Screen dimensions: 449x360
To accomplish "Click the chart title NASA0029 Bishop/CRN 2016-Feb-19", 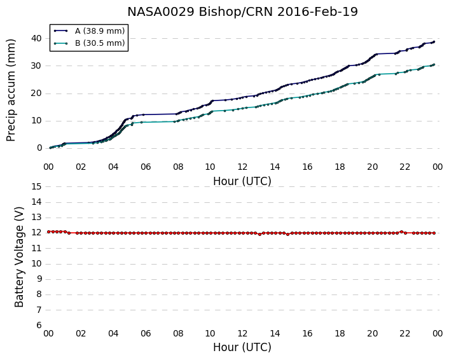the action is (x=242, y=12).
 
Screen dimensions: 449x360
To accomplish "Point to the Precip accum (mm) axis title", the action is (x=11, y=90).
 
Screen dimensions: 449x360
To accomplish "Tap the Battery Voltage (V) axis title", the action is (x=19, y=257).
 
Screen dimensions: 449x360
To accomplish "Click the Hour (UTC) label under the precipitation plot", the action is (x=242, y=181).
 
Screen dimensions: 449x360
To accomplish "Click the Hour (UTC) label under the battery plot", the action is (x=242, y=347).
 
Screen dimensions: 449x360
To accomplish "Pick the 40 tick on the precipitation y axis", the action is (x=37, y=38).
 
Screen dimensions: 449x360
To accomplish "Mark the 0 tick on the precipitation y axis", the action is (x=39, y=148).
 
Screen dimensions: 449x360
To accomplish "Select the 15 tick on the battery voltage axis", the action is (x=37, y=187).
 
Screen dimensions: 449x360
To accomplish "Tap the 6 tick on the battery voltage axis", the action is (x=39, y=325).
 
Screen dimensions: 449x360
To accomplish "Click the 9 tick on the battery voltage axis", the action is (x=39, y=279).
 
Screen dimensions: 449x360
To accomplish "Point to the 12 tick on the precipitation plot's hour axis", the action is (x=242, y=167).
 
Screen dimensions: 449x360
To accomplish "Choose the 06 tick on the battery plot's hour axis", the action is (x=146, y=333).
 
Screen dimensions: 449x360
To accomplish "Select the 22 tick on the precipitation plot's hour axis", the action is (x=404, y=167).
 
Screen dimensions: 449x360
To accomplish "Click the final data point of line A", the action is (x=434, y=42).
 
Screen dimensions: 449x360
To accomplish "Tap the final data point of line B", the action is (x=434, y=65).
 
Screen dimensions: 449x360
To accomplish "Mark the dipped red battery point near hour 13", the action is (x=259, y=234).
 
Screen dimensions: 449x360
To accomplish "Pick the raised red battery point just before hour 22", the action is (x=401, y=232).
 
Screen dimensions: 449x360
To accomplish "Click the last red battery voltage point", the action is (x=434, y=233).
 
